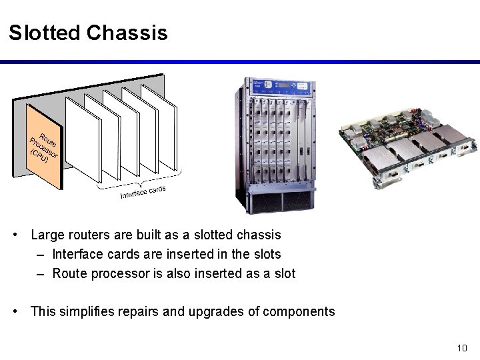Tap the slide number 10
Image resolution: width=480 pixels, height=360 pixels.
(463, 347)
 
